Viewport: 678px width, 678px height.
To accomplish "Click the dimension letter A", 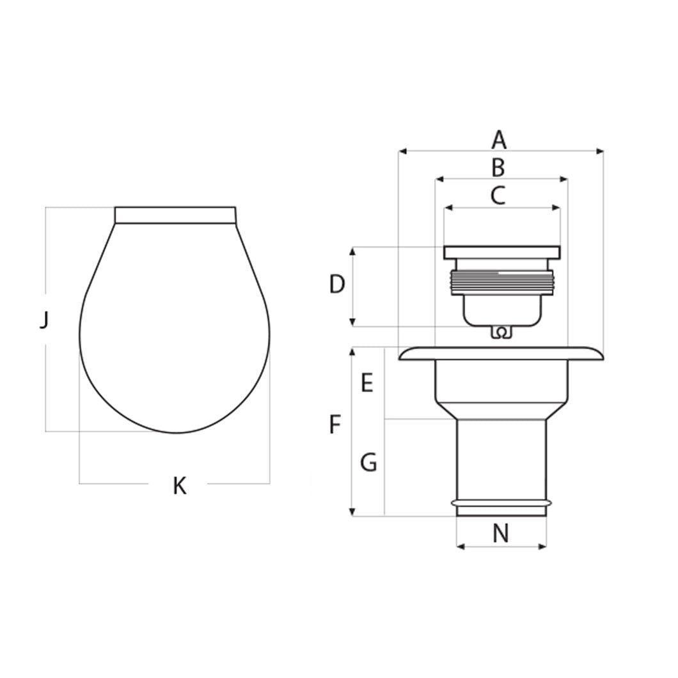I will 499,139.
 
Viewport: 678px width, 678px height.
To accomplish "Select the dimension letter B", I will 498,168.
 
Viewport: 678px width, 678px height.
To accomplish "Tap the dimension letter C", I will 498,195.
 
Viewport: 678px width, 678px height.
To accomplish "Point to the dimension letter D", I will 337,285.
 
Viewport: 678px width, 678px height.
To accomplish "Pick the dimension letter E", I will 367,384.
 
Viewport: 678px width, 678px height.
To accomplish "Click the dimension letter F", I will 335,425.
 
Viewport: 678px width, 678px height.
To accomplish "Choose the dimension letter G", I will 368,462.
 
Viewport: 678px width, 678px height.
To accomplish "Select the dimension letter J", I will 43,319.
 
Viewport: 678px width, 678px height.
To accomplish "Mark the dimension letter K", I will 180,486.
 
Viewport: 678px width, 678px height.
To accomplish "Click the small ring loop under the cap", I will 501,333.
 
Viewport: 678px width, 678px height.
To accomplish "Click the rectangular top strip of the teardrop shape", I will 175,215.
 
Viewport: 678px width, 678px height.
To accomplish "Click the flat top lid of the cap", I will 501,253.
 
